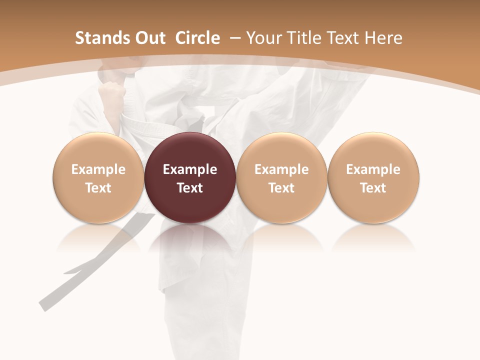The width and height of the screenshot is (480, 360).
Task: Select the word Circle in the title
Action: click(x=197, y=38)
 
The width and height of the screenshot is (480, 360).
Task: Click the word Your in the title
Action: click(x=263, y=38)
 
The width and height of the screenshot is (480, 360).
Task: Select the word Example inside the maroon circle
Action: click(x=190, y=169)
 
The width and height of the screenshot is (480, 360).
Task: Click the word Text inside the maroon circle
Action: click(x=190, y=188)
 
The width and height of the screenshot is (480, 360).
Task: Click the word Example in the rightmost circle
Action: click(x=373, y=169)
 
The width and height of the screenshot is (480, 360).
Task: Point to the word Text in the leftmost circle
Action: click(x=98, y=188)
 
